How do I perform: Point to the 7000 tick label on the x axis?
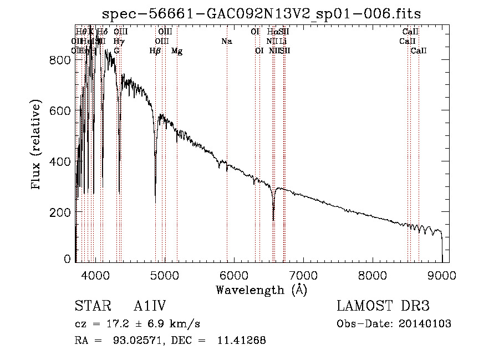(x=303, y=275)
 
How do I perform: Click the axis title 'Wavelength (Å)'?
(x=261, y=290)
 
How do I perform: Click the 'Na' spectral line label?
(x=226, y=42)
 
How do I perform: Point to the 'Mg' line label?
(x=177, y=51)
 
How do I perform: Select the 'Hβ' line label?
(x=155, y=51)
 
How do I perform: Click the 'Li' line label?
(x=283, y=42)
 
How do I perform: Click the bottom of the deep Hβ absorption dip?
(x=155, y=202)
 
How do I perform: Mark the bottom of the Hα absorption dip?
(x=273, y=220)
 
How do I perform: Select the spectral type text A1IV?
(x=150, y=306)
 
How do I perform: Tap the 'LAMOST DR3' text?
(x=383, y=306)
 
